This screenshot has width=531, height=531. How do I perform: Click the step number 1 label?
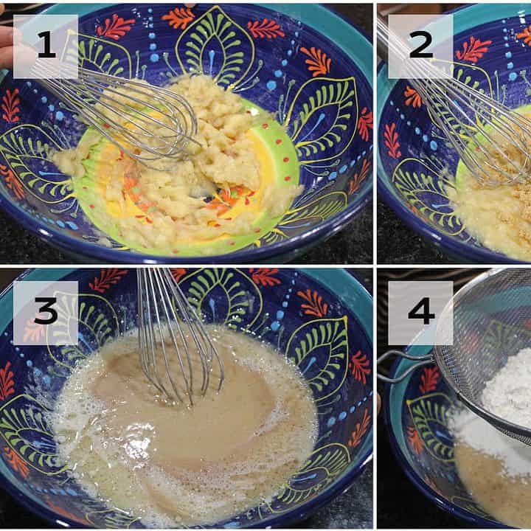click(46, 46)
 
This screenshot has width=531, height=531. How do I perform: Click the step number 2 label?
click(421, 46)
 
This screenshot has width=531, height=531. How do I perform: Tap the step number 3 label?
click(46, 312)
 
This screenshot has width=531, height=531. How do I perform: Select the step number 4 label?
click(421, 312)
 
